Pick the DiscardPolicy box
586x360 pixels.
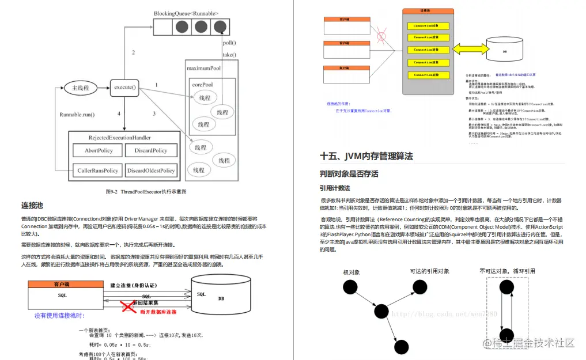tap(151, 151)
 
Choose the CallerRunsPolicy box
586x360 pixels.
tap(97, 170)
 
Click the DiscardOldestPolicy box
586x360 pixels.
tap(151, 170)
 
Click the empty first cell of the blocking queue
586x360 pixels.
tap(163, 26)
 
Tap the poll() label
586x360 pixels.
tap(229, 43)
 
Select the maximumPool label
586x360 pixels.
tap(203, 69)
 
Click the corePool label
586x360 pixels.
tap(202, 85)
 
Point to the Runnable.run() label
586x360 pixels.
tap(77, 115)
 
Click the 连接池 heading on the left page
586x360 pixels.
tap(32, 205)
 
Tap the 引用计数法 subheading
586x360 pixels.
tap(335, 188)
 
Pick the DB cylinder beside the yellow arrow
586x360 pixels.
tap(505, 51)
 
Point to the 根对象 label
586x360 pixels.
tap(351, 271)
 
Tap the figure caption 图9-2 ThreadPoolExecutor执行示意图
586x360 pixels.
tap(146, 191)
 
